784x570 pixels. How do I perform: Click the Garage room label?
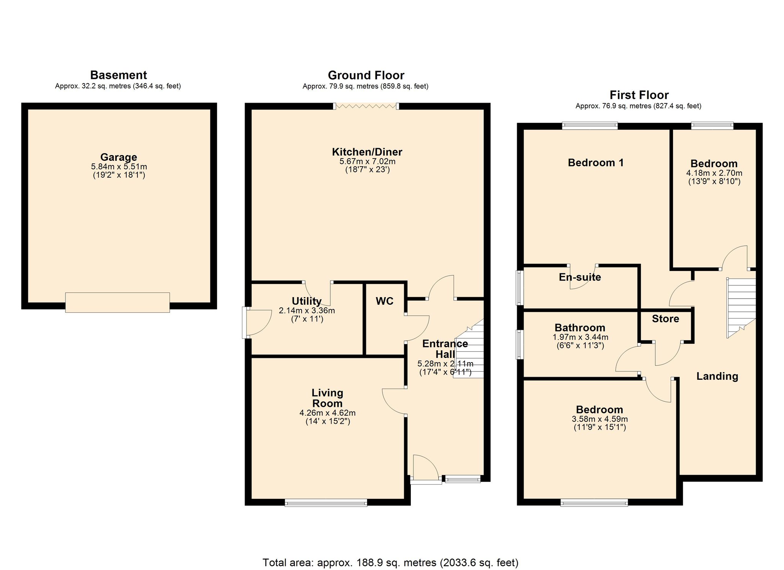pos(119,157)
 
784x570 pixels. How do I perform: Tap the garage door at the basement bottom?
pos(118,302)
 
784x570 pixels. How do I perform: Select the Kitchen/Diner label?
pos(367,152)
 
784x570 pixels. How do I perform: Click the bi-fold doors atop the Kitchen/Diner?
pos(366,106)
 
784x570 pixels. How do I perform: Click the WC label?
pos(385,301)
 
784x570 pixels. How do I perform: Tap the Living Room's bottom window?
pos(326,503)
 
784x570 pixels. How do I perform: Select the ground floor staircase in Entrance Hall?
pos(469,349)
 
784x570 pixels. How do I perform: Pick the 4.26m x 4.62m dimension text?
pos(328,413)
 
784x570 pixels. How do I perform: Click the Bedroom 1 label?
pos(596,163)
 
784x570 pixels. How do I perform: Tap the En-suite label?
pos(580,277)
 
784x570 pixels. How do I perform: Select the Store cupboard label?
pos(665,319)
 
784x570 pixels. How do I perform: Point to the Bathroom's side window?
pos(519,345)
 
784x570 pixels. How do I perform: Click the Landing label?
pos(717,376)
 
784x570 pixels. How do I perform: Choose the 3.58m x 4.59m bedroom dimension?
pos(600,419)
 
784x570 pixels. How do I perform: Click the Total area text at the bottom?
pos(390,563)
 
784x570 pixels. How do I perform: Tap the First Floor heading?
pos(639,95)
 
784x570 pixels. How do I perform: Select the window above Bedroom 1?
pos(590,126)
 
